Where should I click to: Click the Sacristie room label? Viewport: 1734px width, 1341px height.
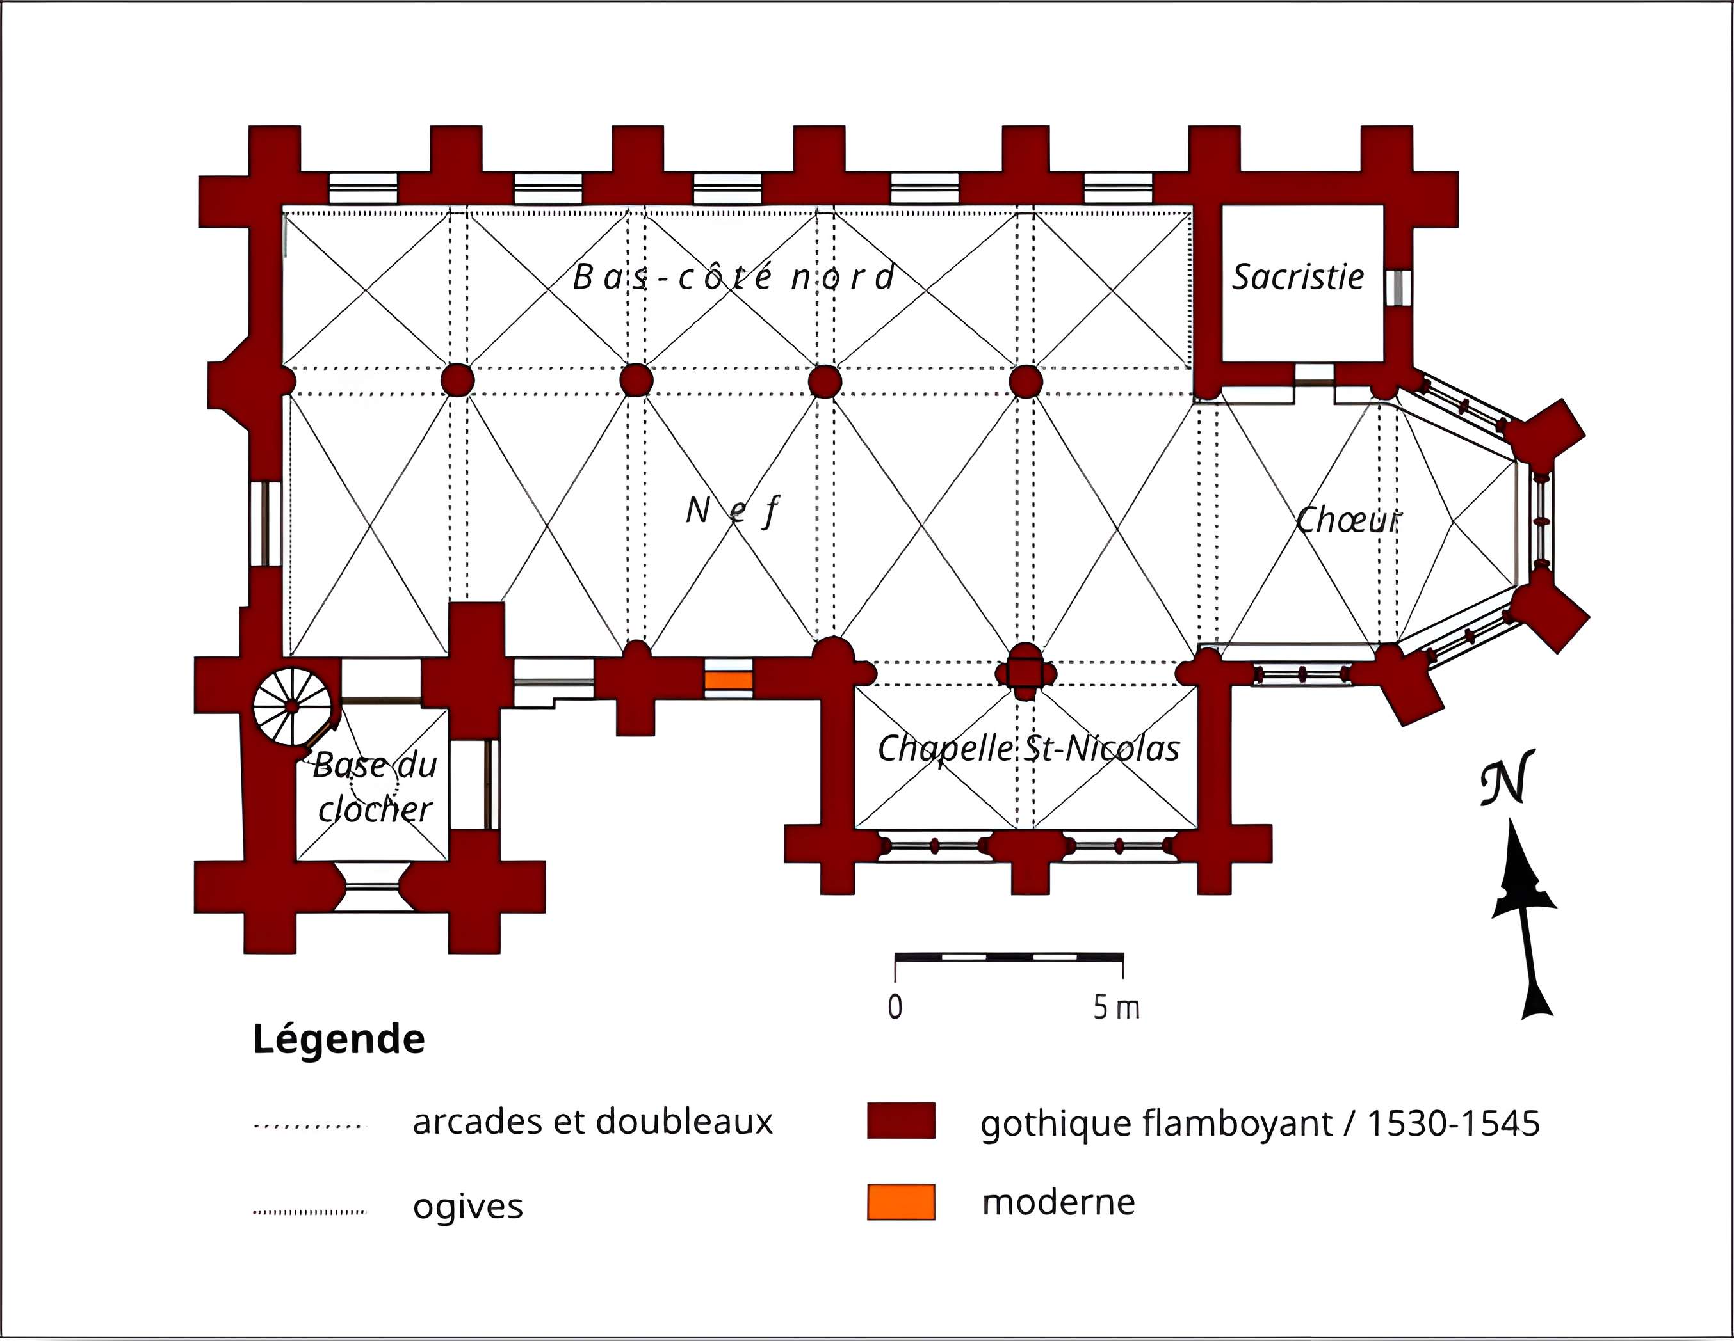(x=1297, y=277)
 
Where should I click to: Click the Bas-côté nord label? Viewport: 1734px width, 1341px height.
(x=734, y=276)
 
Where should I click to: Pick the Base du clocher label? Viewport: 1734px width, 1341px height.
(x=375, y=787)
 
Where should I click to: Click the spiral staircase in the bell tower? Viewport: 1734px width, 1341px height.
(x=292, y=706)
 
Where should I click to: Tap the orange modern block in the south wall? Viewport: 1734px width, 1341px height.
(x=728, y=680)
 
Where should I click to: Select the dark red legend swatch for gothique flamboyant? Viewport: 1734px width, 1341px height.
(x=900, y=1120)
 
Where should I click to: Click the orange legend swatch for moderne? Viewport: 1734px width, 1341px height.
(x=900, y=1202)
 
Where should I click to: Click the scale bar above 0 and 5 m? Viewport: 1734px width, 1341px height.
(x=1009, y=957)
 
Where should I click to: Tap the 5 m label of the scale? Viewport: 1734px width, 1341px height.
(x=1116, y=1008)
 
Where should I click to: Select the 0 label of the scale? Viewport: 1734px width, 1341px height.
(x=895, y=1007)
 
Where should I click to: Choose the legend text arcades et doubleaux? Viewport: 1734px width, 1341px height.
(x=592, y=1121)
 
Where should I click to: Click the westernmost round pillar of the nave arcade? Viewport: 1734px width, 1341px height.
(x=457, y=380)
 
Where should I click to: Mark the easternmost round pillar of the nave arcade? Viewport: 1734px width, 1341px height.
(x=1026, y=381)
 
